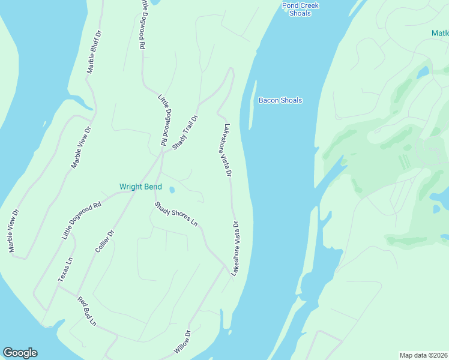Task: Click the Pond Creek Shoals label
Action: [300, 9]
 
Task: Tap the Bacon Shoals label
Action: [280, 100]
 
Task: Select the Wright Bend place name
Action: [140, 187]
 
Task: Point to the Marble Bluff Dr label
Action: [95, 52]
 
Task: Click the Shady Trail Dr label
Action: [185, 132]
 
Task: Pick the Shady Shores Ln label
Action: [176, 214]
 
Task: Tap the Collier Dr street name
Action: [104, 241]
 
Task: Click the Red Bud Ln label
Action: [86, 311]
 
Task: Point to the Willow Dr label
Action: [182, 341]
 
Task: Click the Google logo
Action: [20, 353]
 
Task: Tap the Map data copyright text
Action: [424, 355]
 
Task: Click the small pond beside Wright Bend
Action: [172, 190]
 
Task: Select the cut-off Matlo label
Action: [439, 33]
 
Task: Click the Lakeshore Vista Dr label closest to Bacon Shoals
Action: [228, 151]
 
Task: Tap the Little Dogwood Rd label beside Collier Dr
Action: [81, 221]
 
